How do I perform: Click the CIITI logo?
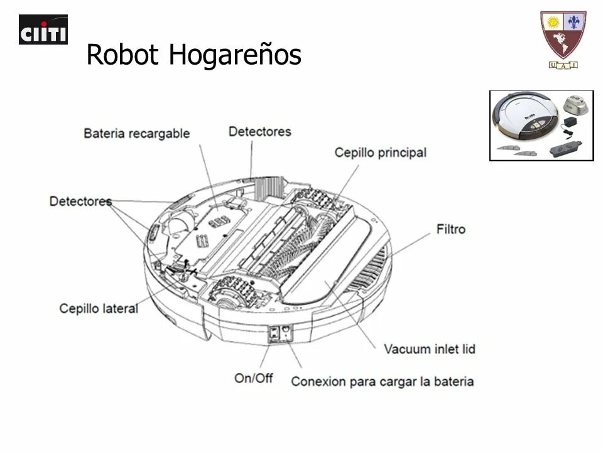point(43,30)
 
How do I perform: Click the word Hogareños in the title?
point(235,55)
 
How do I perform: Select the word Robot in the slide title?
point(124,55)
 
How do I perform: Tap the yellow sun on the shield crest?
point(553,23)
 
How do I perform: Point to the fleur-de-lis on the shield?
point(573,23)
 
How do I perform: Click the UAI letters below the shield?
point(563,65)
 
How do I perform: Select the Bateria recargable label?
point(136,133)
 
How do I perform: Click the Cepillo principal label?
point(380,153)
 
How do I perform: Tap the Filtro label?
point(451,229)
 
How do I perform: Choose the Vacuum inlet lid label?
point(430,349)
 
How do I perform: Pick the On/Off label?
point(253,378)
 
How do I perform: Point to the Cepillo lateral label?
point(99,308)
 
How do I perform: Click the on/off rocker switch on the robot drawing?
point(274,334)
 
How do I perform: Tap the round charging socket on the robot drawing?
point(286,330)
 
